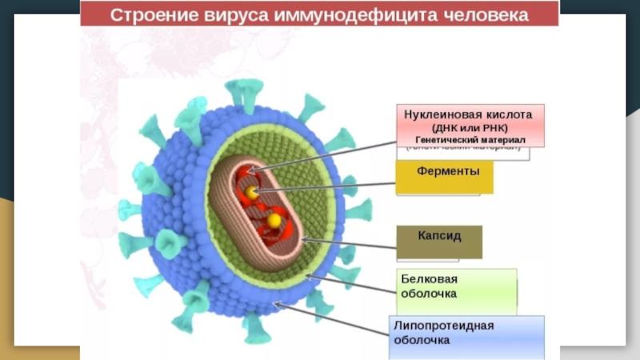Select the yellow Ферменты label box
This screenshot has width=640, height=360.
coord(444,177)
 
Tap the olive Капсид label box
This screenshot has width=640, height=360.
coord(439,242)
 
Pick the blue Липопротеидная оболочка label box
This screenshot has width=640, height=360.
coord(468,336)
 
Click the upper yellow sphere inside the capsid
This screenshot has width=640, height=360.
coord(253,193)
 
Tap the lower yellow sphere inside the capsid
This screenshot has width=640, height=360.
coord(274,220)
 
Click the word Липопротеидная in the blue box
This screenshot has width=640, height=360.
coord(443,326)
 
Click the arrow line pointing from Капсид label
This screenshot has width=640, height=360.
coord(352,245)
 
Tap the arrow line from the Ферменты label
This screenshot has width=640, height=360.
coord(328,188)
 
